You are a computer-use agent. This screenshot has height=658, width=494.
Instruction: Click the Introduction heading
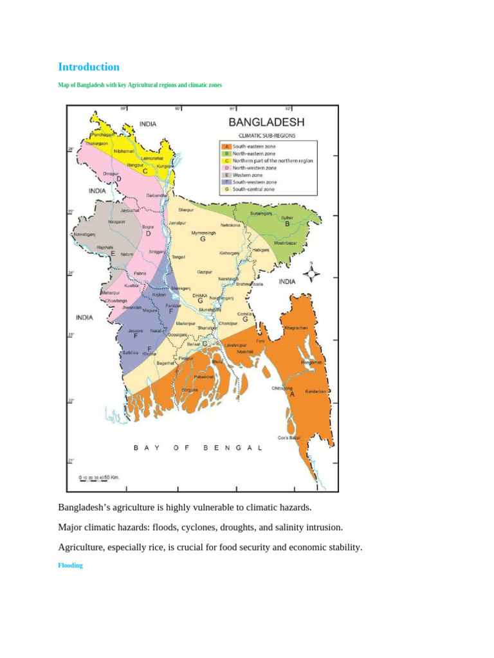coord(89,67)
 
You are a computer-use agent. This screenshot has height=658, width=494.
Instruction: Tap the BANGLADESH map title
coord(267,122)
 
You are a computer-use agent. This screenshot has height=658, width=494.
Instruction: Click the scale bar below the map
coord(99,477)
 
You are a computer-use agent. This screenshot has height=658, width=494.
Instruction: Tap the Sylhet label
coord(287,218)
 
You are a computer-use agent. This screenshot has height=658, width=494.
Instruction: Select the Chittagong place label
coord(282,388)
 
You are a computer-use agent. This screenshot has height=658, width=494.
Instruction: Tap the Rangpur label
coord(135,165)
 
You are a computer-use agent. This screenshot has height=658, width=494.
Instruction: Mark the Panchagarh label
coord(103,135)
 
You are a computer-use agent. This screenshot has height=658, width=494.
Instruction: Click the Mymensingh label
coord(203,233)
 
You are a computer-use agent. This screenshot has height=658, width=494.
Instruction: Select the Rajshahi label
coord(105,247)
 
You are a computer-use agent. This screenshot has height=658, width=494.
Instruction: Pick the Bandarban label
coord(316,391)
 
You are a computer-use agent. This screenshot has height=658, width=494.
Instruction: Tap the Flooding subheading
coord(71,565)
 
